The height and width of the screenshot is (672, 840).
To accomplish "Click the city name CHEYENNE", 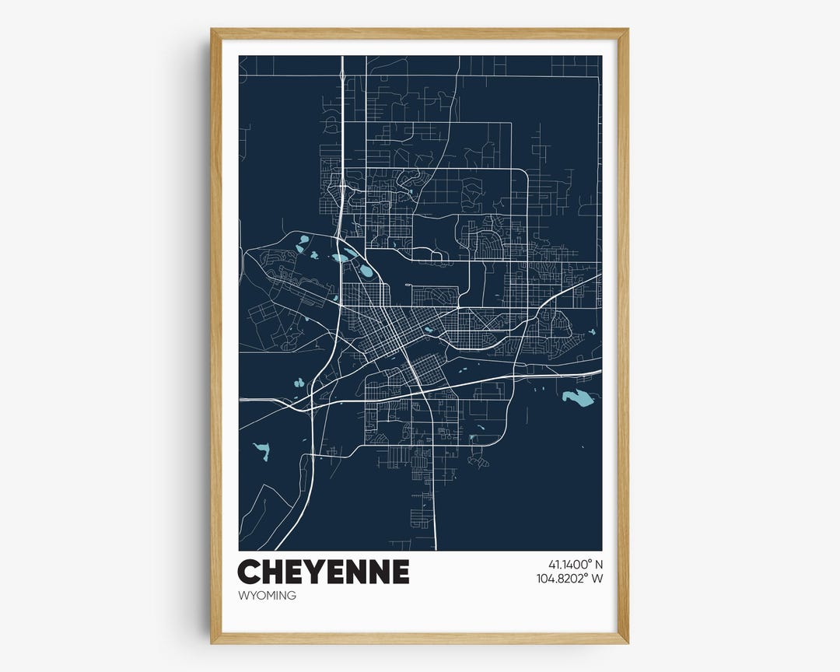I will pos(323,572).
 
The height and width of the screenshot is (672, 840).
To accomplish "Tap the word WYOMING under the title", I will pos(267,596).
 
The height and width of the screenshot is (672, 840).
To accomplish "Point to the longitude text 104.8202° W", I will pos(569,579).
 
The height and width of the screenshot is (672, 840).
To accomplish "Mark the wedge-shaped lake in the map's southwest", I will pos(261,450).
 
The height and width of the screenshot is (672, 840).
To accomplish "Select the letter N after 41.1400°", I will pos(599,564).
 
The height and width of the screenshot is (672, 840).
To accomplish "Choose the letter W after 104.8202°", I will pos(597,579).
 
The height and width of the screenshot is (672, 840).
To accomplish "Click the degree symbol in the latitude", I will pos(589,561).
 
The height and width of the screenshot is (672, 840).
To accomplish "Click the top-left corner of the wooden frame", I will pos(212,30).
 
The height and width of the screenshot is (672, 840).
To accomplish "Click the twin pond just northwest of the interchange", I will pos(297,383).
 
